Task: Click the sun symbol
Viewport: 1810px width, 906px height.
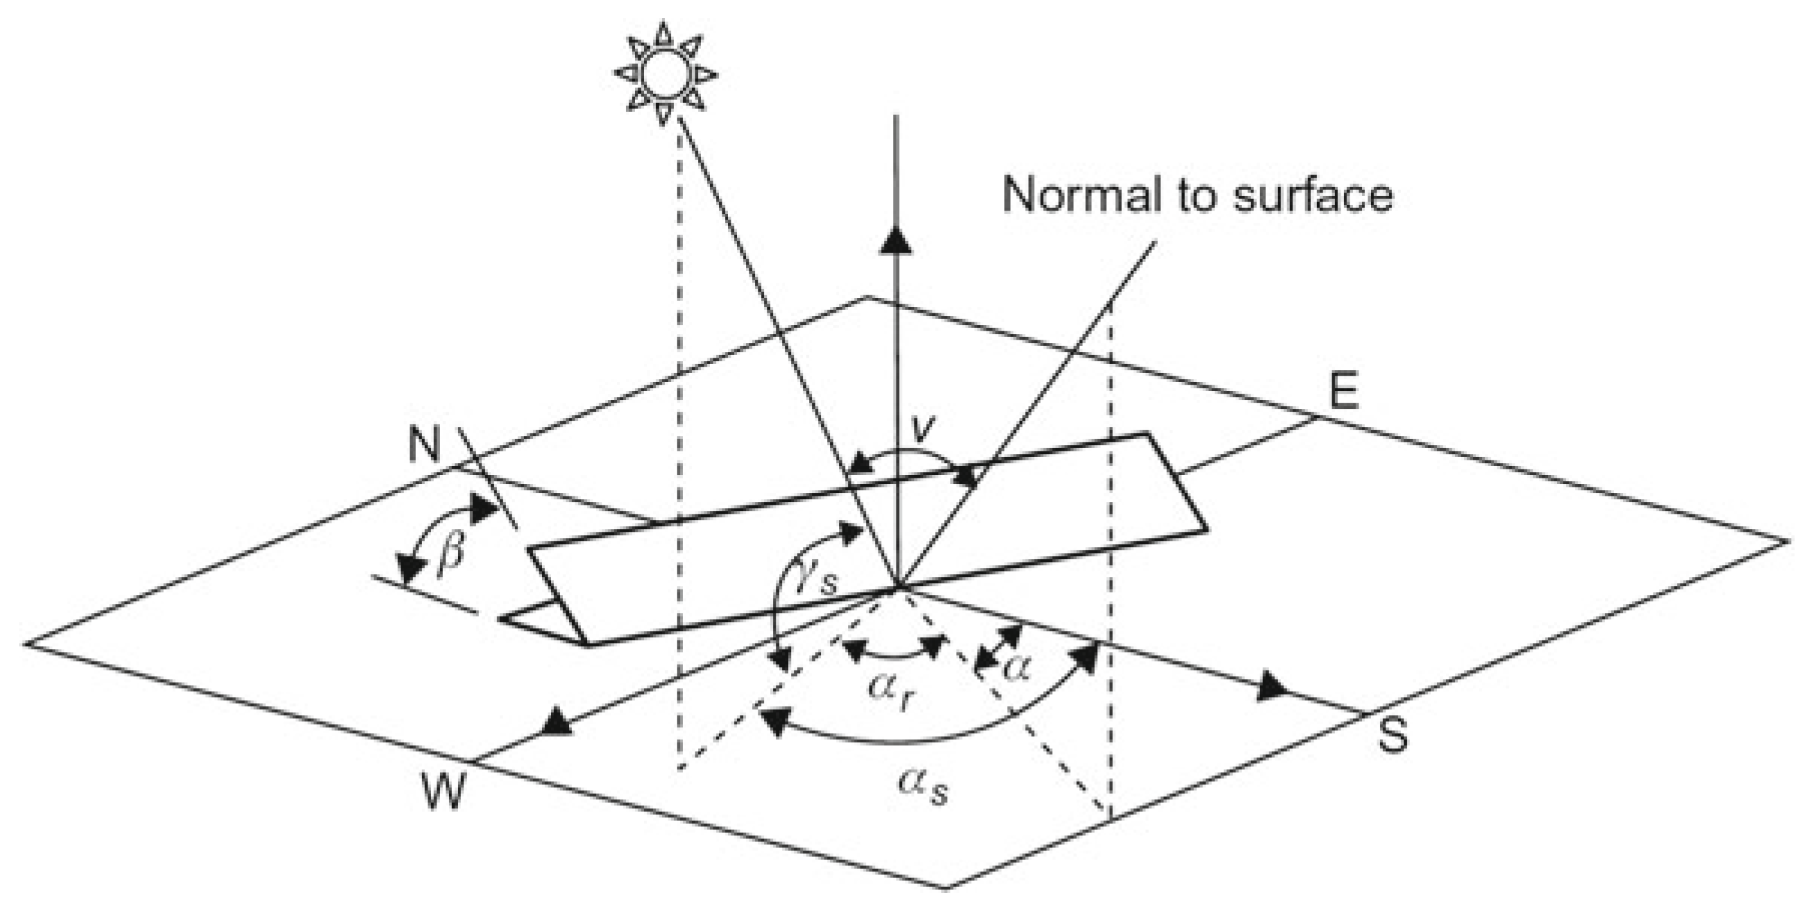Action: (x=664, y=74)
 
